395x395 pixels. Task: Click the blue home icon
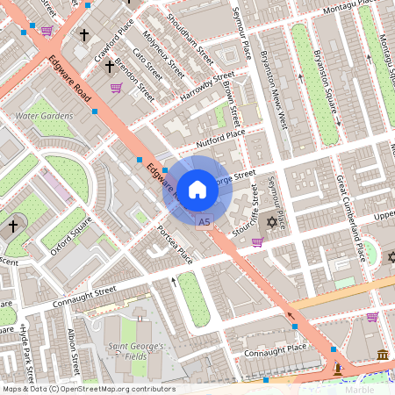click(x=197, y=189)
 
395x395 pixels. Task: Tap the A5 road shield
click(x=205, y=223)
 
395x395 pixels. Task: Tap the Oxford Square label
click(x=70, y=239)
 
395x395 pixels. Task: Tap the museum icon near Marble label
click(x=383, y=354)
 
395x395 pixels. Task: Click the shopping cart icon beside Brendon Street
click(x=116, y=88)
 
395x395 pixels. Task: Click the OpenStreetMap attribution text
click(x=88, y=389)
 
